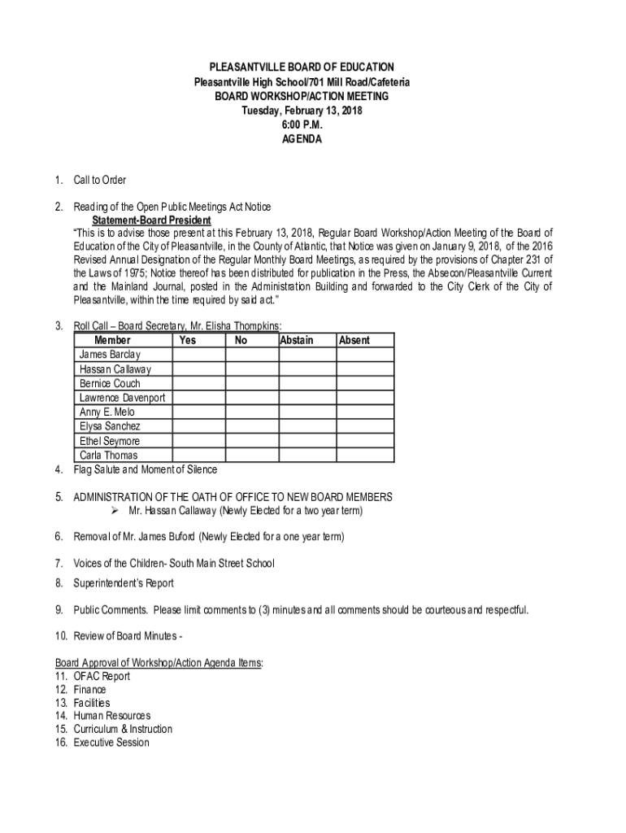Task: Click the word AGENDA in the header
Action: pyautogui.click(x=302, y=139)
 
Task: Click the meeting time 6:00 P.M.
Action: pyautogui.click(x=302, y=124)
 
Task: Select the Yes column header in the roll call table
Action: pyautogui.click(x=187, y=340)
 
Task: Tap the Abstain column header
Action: pyautogui.click(x=296, y=340)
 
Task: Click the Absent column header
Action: pyautogui.click(x=354, y=340)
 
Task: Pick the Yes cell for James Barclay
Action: pyautogui.click(x=198, y=355)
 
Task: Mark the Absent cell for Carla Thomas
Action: pyautogui.click(x=365, y=456)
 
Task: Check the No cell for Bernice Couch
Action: pyautogui.click(x=252, y=383)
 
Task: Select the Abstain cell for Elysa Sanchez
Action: pyautogui.click(x=307, y=426)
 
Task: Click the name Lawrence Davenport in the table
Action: pyautogui.click(x=123, y=398)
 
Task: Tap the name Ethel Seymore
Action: pyautogui.click(x=110, y=441)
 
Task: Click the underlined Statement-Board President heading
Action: pyautogui.click(x=151, y=220)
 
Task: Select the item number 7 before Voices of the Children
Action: pyautogui.click(x=59, y=563)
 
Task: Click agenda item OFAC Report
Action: pyautogui.click(x=102, y=676)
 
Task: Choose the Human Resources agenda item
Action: pyautogui.click(x=111, y=716)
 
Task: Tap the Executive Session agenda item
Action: pyautogui.click(x=111, y=742)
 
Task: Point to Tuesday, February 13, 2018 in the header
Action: pyautogui.click(x=302, y=110)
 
